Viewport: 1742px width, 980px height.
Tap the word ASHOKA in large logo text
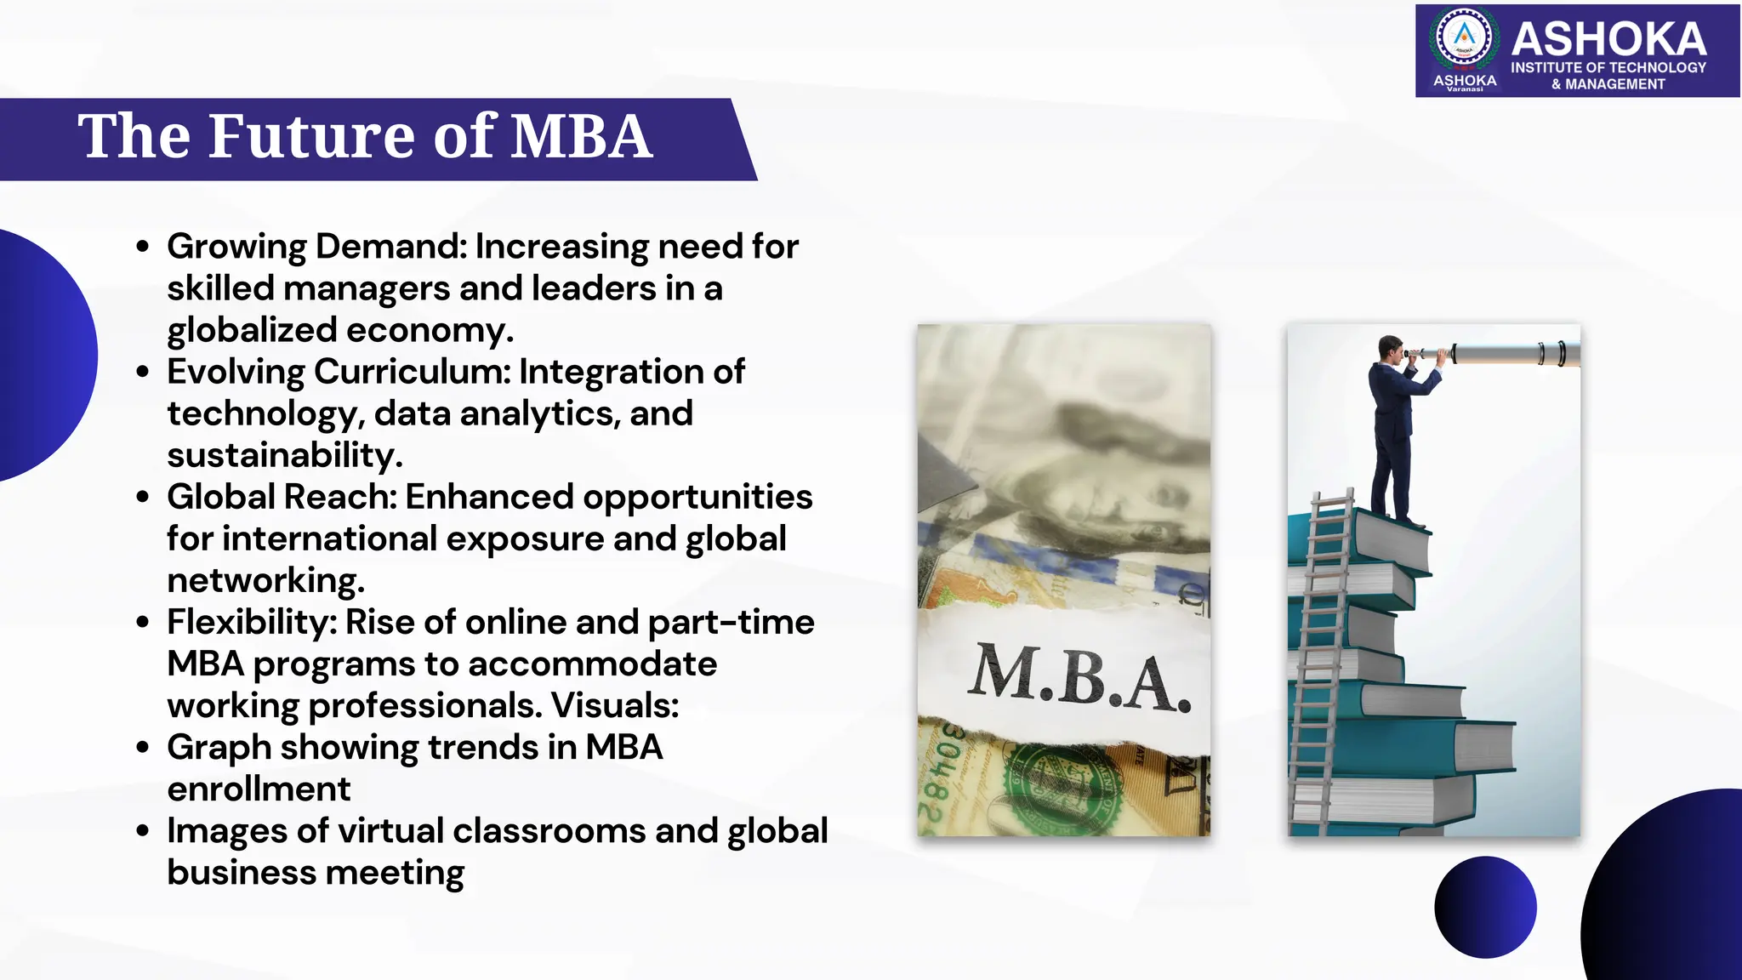(x=1608, y=39)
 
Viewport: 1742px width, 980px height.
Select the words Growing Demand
(x=316, y=247)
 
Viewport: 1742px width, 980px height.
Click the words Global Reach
(x=282, y=497)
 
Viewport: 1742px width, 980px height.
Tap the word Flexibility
(x=252, y=622)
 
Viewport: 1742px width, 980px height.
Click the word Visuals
(x=614, y=705)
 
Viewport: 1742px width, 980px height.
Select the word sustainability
(x=283, y=455)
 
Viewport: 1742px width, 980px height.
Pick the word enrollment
(x=259, y=789)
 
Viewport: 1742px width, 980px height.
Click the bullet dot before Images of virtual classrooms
(x=143, y=830)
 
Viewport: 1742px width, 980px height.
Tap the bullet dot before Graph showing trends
(x=143, y=747)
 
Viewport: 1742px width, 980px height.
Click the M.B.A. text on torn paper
(x=1079, y=678)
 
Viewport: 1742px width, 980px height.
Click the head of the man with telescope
(x=1391, y=348)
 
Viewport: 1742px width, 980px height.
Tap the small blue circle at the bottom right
(x=1485, y=907)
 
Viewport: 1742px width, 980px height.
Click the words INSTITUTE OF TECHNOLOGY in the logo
(x=1608, y=67)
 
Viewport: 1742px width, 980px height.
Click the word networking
(x=265, y=580)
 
